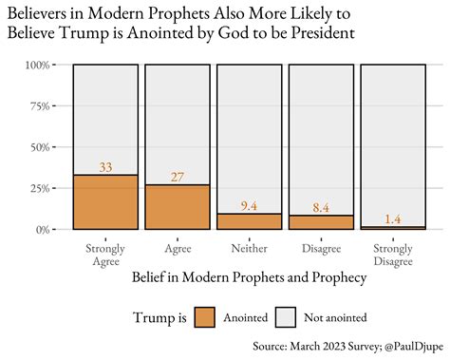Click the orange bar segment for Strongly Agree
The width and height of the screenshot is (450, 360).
click(105, 202)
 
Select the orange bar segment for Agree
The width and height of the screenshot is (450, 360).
click(178, 207)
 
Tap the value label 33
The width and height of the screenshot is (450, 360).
click(105, 168)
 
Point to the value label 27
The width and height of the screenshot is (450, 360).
click(178, 178)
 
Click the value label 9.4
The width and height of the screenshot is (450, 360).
click(249, 206)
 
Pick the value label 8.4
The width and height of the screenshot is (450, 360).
click(321, 208)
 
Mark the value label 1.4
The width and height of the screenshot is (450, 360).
click(392, 219)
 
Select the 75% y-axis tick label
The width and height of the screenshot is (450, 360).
click(38, 106)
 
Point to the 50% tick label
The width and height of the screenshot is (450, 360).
click(38, 147)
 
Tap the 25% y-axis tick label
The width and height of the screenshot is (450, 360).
click(38, 188)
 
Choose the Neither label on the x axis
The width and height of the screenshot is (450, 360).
click(249, 250)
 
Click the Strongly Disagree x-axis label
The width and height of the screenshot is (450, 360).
click(392, 256)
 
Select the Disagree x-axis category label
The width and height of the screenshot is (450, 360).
click(321, 250)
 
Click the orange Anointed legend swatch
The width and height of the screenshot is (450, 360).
click(205, 318)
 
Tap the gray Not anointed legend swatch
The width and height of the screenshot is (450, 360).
click(288, 318)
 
